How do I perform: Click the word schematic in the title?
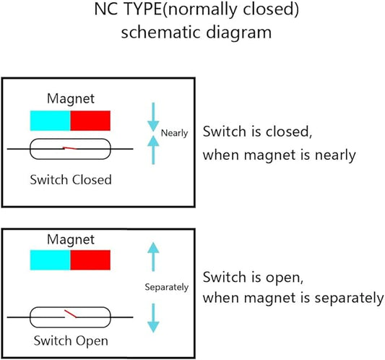(160, 33)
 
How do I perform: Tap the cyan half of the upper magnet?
(51, 121)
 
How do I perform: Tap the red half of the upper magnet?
(90, 121)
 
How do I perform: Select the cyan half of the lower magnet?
(51, 260)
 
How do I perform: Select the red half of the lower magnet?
(90, 260)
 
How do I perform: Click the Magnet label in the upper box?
(71, 99)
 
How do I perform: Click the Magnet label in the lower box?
(71, 239)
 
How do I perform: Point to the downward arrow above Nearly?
(153, 117)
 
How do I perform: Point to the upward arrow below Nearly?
(153, 150)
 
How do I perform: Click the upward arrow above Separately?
(153, 257)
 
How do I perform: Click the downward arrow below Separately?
(153, 318)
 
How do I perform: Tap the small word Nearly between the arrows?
(174, 133)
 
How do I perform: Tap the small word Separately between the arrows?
(167, 287)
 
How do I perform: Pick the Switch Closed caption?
(71, 179)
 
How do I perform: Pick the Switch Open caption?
(71, 340)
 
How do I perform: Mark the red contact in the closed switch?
(70, 148)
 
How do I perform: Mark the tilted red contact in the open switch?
(71, 314)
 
